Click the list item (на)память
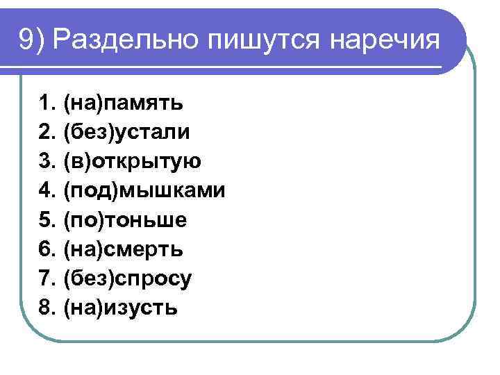[x=123, y=104]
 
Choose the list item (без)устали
[x=126, y=133]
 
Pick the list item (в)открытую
[x=132, y=162]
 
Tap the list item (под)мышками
[x=144, y=191]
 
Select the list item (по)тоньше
[x=124, y=220]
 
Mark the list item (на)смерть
[x=124, y=249]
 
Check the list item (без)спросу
[x=127, y=278]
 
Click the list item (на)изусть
[x=120, y=308]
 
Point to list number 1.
[x=47, y=104]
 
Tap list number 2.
[x=47, y=133]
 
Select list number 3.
[x=47, y=162]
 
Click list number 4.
[x=47, y=191]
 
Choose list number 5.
[x=47, y=220]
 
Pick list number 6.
[x=47, y=249]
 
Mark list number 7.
[x=47, y=278]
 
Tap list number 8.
[x=47, y=308]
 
